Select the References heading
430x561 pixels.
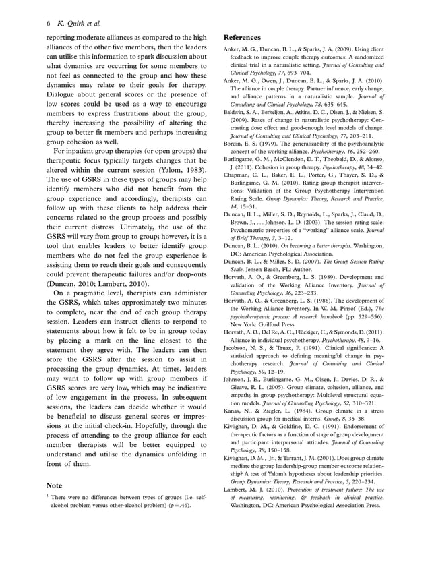(x=243, y=38)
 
